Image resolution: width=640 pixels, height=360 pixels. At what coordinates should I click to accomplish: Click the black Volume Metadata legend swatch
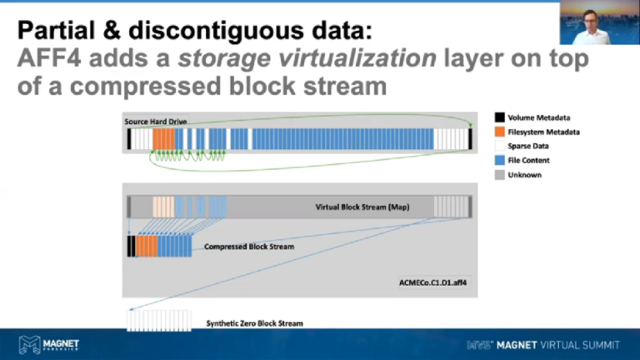pyautogui.click(x=500, y=117)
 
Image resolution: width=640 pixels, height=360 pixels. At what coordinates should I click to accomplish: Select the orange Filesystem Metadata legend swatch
pyautogui.click(x=500, y=132)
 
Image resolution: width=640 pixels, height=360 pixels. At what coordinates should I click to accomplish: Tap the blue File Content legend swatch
pyautogui.click(x=500, y=160)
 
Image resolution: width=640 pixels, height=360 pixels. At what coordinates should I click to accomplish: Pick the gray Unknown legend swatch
pyautogui.click(x=500, y=175)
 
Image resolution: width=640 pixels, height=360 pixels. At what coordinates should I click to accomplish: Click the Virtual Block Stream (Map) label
pyautogui.click(x=362, y=207)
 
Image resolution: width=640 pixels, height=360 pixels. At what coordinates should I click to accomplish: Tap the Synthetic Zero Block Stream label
pyautogui.click(x=254, y=322)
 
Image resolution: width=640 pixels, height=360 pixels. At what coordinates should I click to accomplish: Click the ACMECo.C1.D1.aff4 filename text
pyautogui.click(x=433, y=282)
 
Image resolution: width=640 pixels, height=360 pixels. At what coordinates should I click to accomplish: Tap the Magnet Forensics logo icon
pyautogui.click(x=30, y=342)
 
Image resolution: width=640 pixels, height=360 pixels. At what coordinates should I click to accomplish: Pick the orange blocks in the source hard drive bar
pyautogui.click(x=164, y=138)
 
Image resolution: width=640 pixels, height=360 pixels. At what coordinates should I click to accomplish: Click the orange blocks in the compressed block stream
pyautogui.click(x=147, y=247)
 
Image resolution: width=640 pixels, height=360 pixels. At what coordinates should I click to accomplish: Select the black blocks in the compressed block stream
pyautogui.click(x=131, y=247)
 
